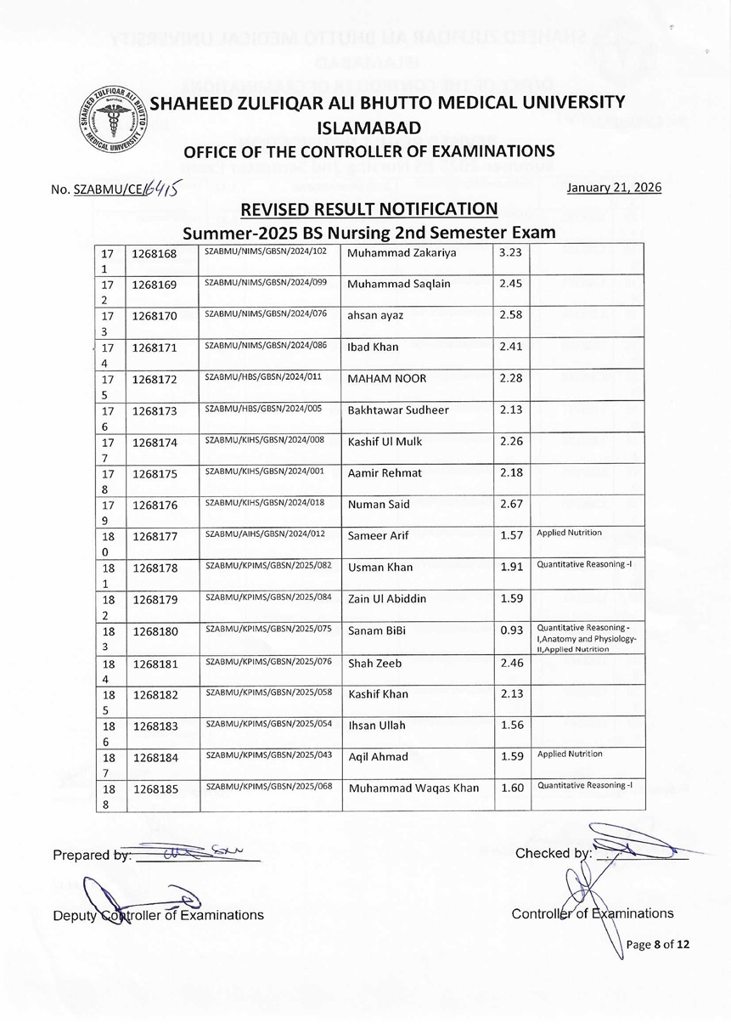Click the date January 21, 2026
[x=613, y=188]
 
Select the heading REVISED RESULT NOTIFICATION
[x=369, y=210]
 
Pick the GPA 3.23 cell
[x=510, y=252]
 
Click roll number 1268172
[x=154, y=377]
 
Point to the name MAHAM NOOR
[x=387, y=378]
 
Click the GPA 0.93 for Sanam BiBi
[x=511, y=630]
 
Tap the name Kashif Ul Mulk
[x=385, y=441]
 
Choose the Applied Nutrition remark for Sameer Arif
[x=570, y=533]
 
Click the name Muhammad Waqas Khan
[x=413, y=788]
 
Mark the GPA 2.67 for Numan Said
[x=510, y=504]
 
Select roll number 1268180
[x=154, y=631]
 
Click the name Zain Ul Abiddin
[x=388, y=599]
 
